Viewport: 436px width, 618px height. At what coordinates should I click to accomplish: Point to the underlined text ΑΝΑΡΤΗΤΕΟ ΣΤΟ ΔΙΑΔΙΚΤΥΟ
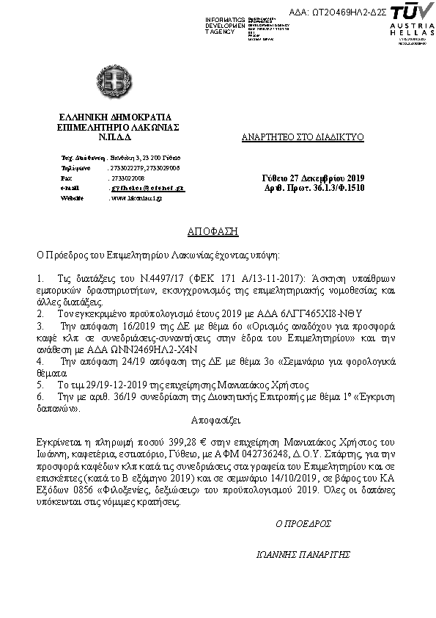point(303,137)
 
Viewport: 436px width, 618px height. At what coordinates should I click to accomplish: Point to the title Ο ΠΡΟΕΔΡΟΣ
point(303,524)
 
